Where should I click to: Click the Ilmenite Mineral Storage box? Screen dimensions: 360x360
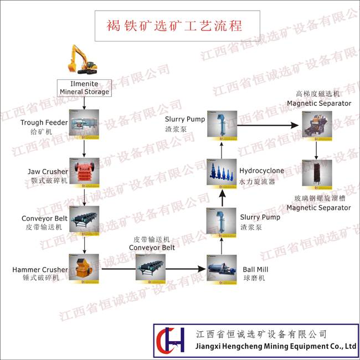pyautogui.click(x=84, y=88)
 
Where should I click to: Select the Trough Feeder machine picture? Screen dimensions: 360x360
pyautogui.click(x=84, y=124)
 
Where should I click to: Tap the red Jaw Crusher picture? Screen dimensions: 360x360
pyautogui.click(x=85, y=173)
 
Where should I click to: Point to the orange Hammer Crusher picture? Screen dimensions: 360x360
pyautogui.click(x=84, y=269)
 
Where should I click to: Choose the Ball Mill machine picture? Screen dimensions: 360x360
pyautogui.click(x=222, y=270)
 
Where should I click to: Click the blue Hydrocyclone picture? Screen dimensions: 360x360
pyautogui.click(x=222, y=174)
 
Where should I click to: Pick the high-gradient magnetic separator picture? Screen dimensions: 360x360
pyautogui.click(x=317, y=126)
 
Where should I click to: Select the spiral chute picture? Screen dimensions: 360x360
pyautogui.click(x=317, y=174)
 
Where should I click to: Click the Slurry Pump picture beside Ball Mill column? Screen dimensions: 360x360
pyautogui.click(x=222, y=223)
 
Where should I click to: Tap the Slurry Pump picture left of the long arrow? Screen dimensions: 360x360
pyautogui.click(x=222, y=126)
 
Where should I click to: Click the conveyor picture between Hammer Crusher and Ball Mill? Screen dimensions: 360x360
pyautogui.click(x=151, y=269)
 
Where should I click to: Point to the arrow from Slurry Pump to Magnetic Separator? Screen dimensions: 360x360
pyautogui.click(x=268, y=125)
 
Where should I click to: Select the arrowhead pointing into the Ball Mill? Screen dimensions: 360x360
pyautogui.click(x=202, y=269)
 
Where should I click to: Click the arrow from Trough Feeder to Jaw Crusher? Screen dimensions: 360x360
pyautogui.click(x=84, y=148)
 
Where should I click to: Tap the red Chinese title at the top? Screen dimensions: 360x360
pyautogui.click(x=174, y=25)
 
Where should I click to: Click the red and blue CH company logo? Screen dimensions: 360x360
pyautogui.click(x=170, y=340)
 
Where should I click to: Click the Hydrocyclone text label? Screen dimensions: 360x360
pyautogui.click(x=261, y=171)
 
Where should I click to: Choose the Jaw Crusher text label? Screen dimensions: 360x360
pyautogui.click(x=48, y=172)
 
